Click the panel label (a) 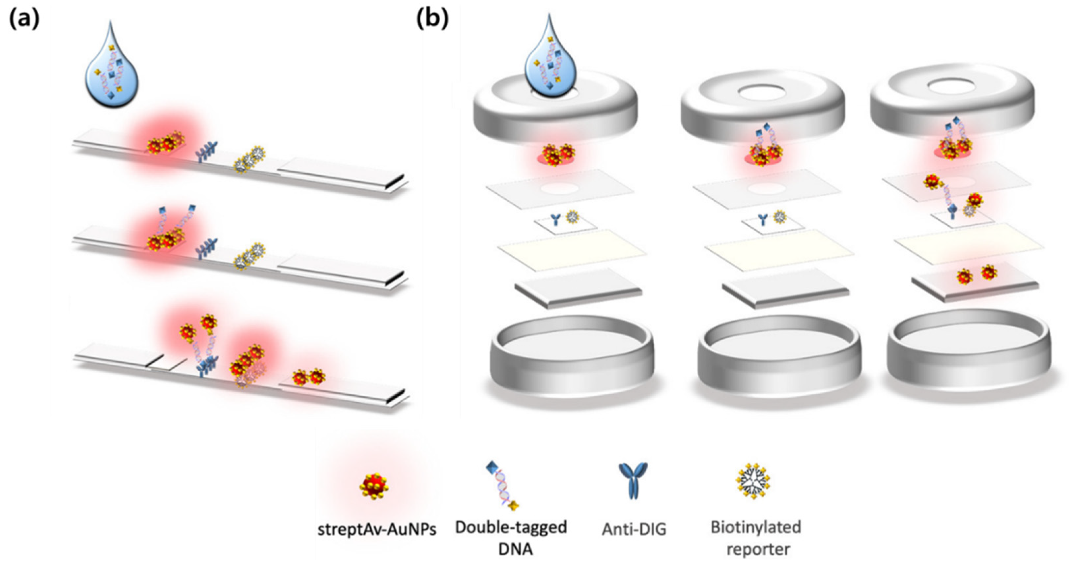click(24, 19)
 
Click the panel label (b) click(432, 19)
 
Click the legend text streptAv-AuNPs click(377, 529)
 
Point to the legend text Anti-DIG click(634, 529)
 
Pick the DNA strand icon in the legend click(503, 486)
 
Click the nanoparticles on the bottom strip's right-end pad click(308, 377)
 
